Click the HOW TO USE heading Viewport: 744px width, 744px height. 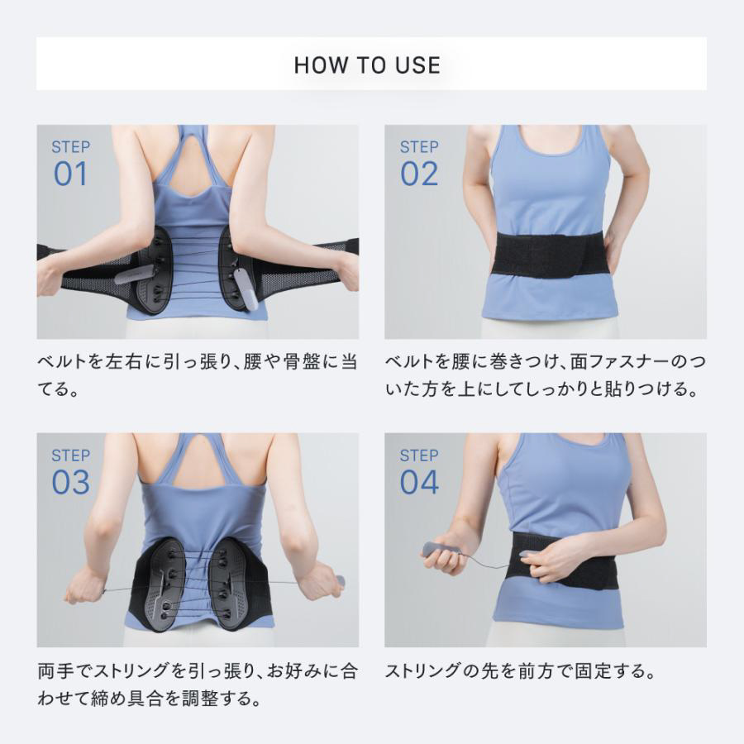tap(367, 65)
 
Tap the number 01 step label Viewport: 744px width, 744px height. tap(71, 174)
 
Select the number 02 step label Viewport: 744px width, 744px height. tap(419, 174)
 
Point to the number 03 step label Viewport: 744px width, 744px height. tap(71, 482)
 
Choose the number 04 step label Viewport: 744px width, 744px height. tap(419, 482)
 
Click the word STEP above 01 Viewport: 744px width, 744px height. tap(71, 147)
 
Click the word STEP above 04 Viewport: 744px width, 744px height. tap(419, 455)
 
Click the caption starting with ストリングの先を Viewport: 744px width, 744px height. tap(521, 671)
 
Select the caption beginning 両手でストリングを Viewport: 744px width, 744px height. tap(198, 684)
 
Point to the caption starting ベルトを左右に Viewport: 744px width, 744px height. tap(198, 376)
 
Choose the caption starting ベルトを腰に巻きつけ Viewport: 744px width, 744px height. tap(546, 376)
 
